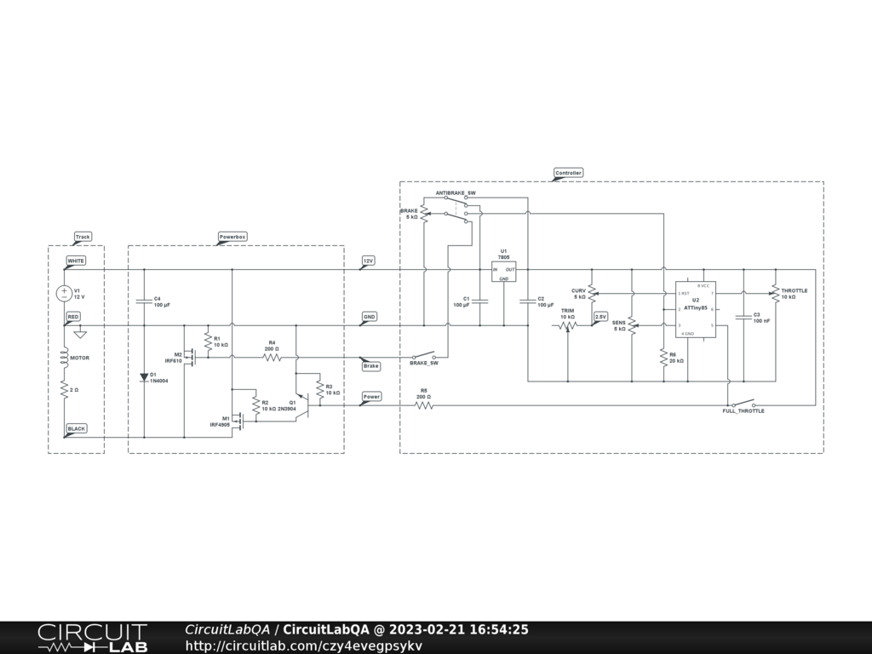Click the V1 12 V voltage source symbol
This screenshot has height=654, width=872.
[64, 293]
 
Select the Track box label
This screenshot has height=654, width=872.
[83, 237]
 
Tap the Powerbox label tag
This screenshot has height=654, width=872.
[232, 237]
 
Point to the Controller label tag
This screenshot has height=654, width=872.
[568, 173]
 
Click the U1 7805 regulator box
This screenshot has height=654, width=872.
[503, 271]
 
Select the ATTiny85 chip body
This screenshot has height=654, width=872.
[695, 309]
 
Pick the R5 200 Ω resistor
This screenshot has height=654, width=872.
[423, 405]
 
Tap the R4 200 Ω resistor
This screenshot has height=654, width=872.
[272, 358]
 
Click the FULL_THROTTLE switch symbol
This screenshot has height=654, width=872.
[743, 404]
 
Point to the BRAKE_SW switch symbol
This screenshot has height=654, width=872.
[423, 355]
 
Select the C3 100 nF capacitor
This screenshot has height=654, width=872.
[743, 317]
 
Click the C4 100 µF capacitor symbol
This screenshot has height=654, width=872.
[143, 301]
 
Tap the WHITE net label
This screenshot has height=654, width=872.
[76, 260]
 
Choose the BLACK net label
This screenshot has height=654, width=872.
[77, 428]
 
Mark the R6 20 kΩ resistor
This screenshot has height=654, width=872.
[663, 358]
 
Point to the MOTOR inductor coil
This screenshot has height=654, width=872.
[64, 358]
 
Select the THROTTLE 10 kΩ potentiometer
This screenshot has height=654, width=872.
[776, 294]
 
